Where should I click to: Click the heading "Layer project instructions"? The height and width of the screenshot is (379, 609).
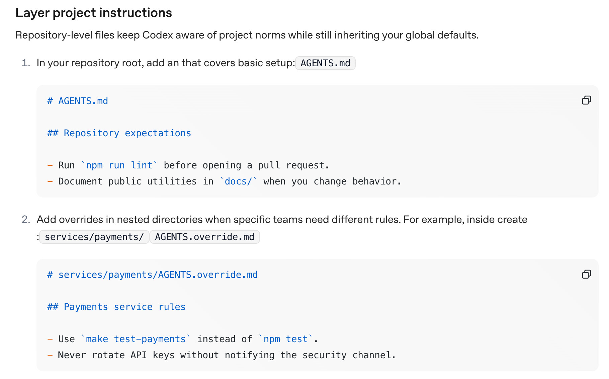(94, 13)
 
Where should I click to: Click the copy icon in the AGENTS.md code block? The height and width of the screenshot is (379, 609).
(586, 100)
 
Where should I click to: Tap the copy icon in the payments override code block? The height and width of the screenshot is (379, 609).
(586, 274)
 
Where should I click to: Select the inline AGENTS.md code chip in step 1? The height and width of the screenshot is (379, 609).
(325, 63)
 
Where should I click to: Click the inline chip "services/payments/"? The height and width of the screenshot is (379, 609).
(94, 237)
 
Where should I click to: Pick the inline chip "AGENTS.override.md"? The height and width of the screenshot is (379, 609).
(204, 237)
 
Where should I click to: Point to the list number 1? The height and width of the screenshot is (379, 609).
(26, 63)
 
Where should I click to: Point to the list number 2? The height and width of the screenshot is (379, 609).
(26, 220)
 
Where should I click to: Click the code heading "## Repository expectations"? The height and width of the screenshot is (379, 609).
(119, 133)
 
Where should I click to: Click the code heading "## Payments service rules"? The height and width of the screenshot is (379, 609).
(116, 307)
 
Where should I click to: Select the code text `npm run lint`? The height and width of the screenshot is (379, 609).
(119, 165)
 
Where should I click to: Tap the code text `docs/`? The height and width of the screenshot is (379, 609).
(238, 181)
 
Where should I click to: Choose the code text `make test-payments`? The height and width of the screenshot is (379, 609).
(136, 339)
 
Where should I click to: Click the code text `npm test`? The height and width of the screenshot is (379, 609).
(285, 339)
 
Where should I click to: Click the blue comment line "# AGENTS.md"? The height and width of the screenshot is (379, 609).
(78, 101)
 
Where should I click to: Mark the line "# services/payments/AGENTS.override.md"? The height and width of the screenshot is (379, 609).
(153, 275)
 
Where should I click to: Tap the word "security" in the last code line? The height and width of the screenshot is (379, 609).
(324, 355)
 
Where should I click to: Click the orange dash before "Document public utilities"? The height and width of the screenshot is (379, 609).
(50, 181)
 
